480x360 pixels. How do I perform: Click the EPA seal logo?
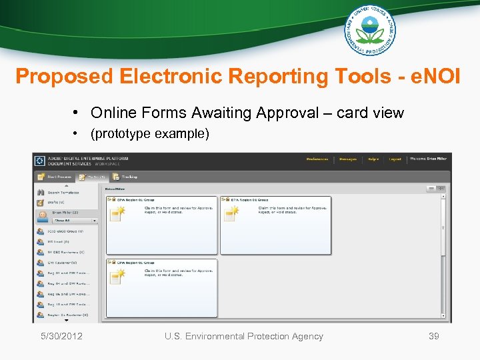369,29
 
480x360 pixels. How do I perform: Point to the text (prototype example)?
150,133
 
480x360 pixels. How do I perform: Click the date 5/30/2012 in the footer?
61,336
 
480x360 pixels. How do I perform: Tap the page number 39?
433,336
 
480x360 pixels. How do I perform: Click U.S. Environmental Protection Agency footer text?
244,336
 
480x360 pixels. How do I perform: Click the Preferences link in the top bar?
317,159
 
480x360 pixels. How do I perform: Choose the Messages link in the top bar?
348,159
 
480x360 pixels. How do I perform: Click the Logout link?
395,159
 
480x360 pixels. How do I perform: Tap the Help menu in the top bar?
373,159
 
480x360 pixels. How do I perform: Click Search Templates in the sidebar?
63,192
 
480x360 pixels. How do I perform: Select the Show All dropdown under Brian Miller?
75,220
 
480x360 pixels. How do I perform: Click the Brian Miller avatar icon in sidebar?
41,215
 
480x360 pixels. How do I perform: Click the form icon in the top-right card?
231,213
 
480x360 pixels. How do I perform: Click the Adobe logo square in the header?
39,161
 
